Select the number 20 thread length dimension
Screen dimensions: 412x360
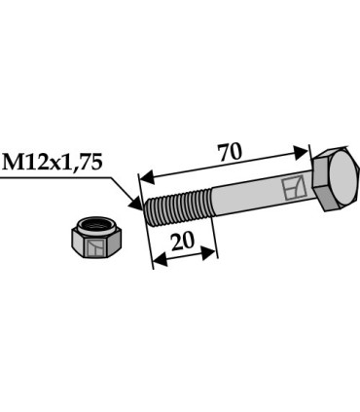point(182,241)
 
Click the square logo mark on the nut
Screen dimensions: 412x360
point(94,251)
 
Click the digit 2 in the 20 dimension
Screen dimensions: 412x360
point(175,241)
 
